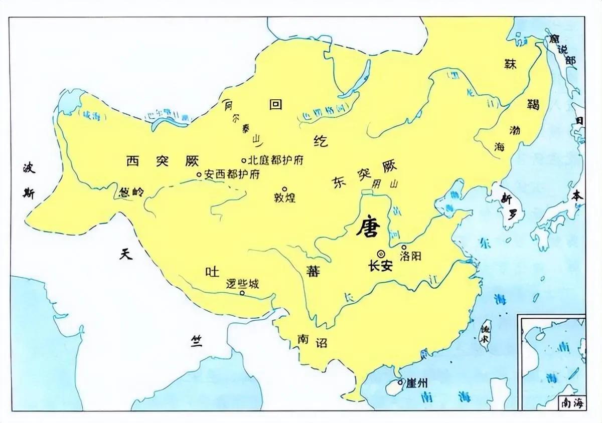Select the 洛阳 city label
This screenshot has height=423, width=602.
[x=410, y=256]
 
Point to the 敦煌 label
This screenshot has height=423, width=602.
[x=284, y=197]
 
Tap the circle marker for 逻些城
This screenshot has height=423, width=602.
[x=242, y=293]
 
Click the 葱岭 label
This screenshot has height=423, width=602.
[x=131, y=192]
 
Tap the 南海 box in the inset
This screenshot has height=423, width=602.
[x=571, y=402]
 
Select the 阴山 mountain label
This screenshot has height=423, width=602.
[x=384, y=184]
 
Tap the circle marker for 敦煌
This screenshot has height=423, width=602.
[x=284, y=189]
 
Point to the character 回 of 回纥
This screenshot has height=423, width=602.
[x=275, y=104]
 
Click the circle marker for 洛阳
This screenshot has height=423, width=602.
[x=404, y=247]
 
